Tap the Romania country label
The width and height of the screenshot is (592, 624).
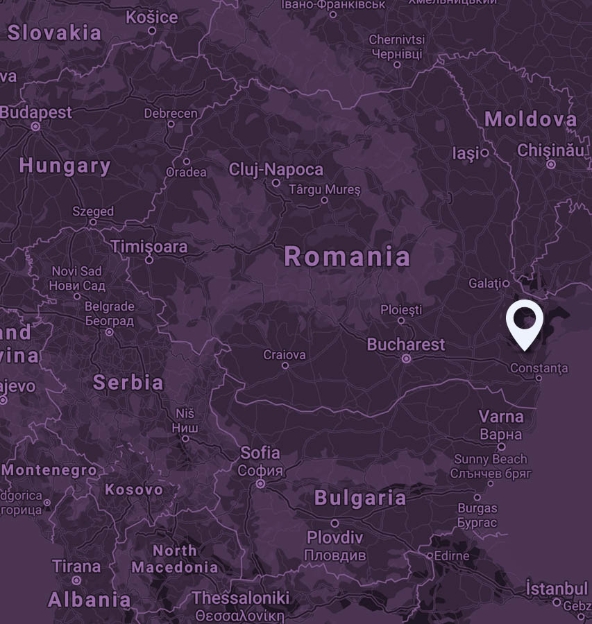[x=347, y=257]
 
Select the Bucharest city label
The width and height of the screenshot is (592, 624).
[x=406, y=344]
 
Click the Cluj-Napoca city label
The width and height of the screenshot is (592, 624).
[x=276, y=169]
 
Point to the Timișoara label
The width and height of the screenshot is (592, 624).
[x=149, y=246]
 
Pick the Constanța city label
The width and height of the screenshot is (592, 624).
[x=539, y=367]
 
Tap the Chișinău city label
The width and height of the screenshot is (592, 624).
[x=550, y=150]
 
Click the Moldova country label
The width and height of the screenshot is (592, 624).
[x=531, y=119]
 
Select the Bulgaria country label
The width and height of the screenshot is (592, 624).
[x=360, y=497]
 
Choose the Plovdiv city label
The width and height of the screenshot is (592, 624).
[x=335, y=538]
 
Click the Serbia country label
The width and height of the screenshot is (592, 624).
[x=128, y=382]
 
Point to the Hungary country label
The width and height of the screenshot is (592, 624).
[x=65, y=166]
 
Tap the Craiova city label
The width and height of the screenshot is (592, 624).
[x=285, y=355]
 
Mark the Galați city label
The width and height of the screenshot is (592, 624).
[x=484, y=283]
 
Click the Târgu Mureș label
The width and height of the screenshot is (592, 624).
[x=325, y=189]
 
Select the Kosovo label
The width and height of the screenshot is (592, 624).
[x=134, y=489]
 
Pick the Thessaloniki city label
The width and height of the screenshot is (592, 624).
[x=240, y=598]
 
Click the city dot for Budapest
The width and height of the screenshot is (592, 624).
[x=36, y=127]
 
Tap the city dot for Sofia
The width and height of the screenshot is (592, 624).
[x=261, y=484]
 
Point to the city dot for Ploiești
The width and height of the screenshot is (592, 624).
[x=401, y=320]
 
